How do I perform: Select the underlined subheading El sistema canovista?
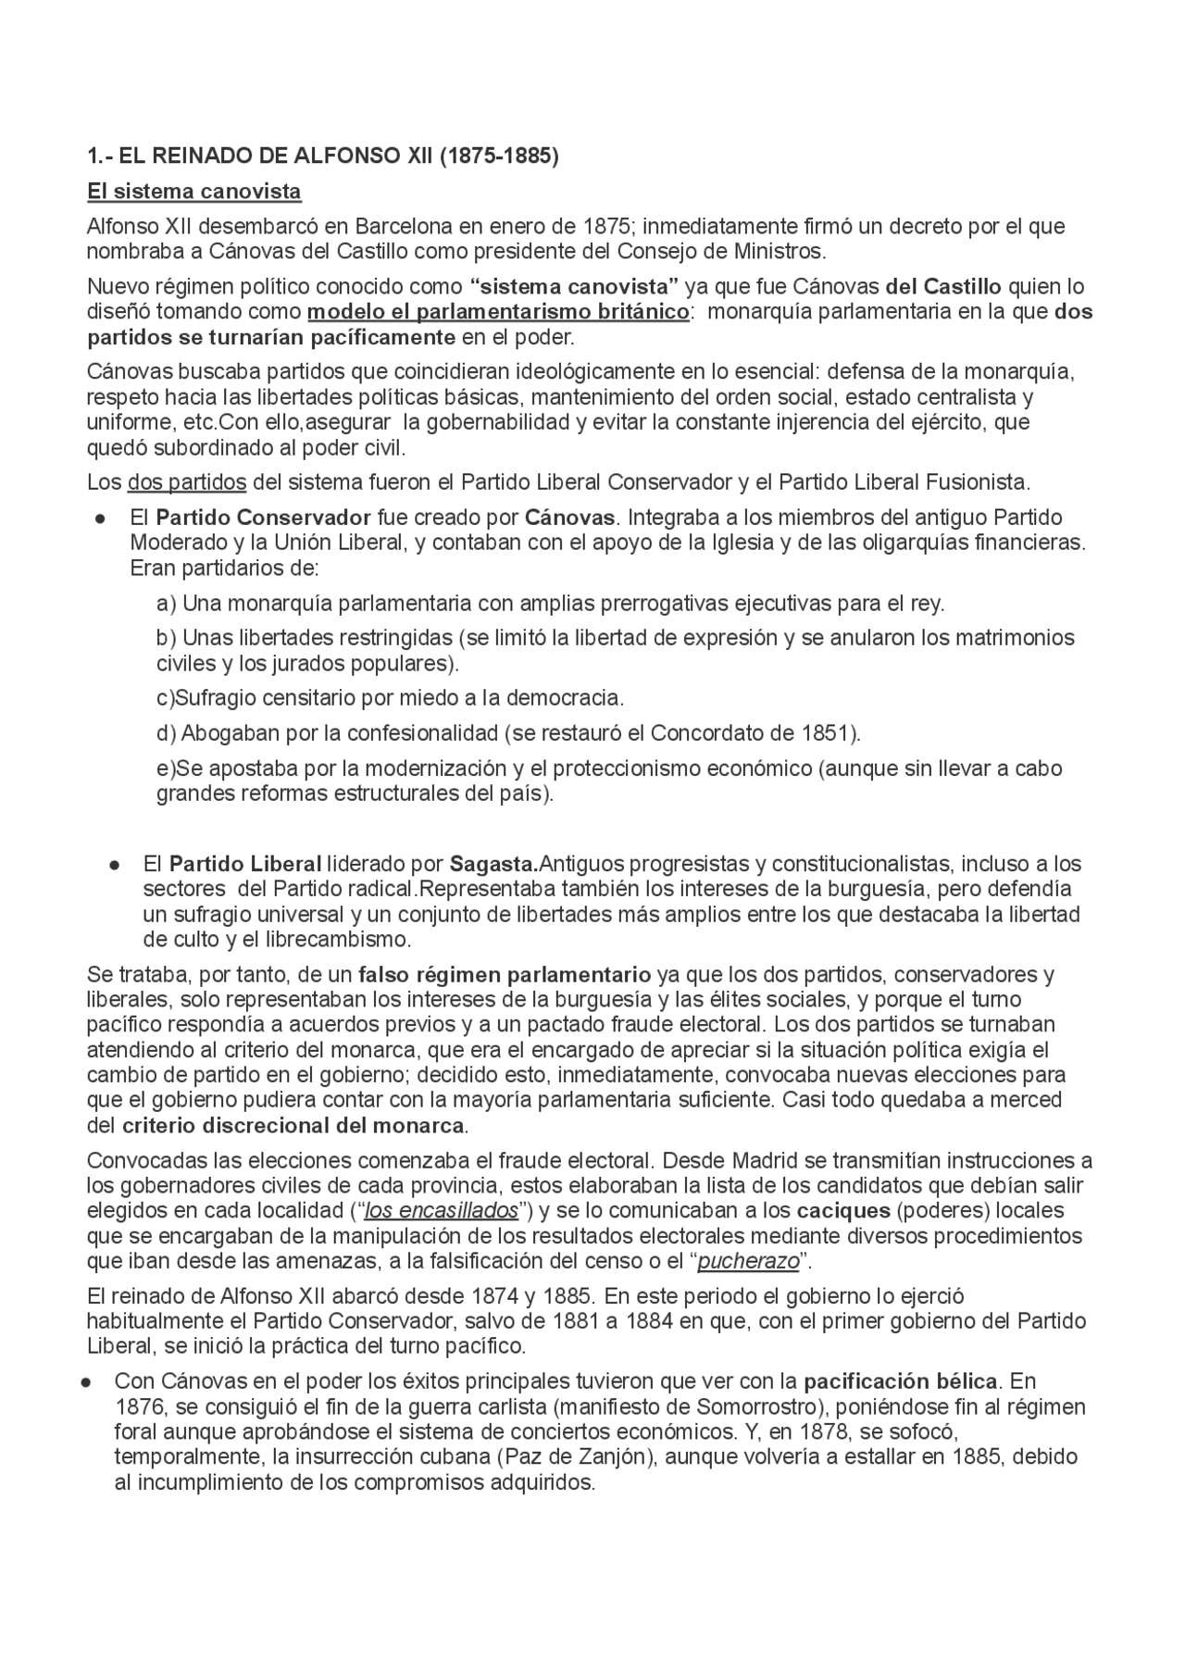pos(193,192)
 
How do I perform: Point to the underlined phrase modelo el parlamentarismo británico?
pos(498,311)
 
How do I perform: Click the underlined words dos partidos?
pos(187,482)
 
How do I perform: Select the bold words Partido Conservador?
pos(263,517)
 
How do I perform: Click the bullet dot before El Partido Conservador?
pos(99,518)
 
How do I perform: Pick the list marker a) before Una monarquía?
pos(166,604)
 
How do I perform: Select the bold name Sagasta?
pos(493,864)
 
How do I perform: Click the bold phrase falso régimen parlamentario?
pos(505,974)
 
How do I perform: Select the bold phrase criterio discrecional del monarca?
pos(293,1126)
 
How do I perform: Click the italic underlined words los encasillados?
pos(442,1211)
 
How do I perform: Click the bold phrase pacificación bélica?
pos(900,1381)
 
